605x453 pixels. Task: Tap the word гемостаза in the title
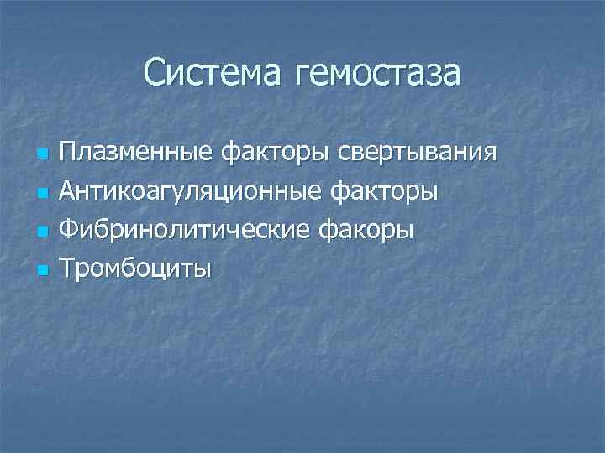pyautogui.click(x=377, y=72)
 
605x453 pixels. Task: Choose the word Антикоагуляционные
pyautogui.click(x=182, y=192)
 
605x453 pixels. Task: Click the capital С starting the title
pyautogui.click(x=154, y=72)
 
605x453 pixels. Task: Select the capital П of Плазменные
pyautogui.click(x=68, y=154)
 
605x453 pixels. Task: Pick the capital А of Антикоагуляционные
pyautogui.click(x=68, y=192)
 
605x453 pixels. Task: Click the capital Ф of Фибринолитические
pyautogui.click(x=69, y=230)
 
